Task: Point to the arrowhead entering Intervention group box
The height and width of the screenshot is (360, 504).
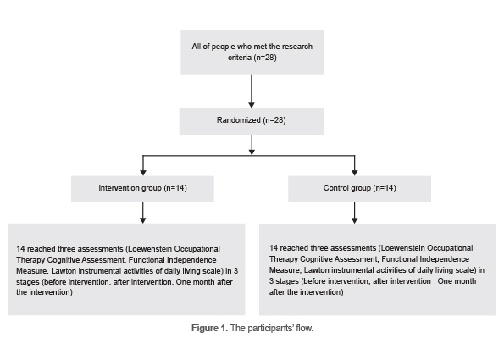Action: (142, 170)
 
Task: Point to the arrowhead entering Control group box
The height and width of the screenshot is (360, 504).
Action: (354, 170)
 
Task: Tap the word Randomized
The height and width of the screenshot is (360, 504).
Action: (238, 119)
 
